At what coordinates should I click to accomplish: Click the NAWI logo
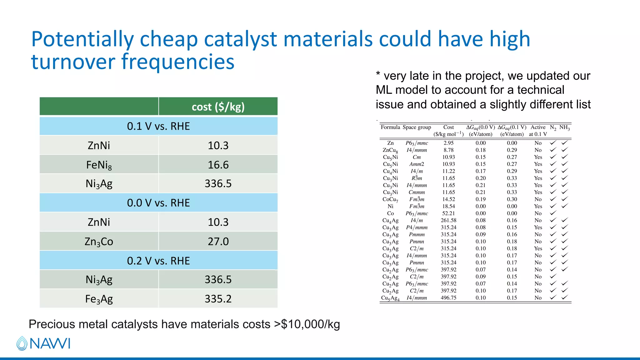[x=43, y=343]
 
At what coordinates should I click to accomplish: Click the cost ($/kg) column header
[x=218, y=107]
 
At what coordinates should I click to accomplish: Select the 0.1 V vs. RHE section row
[x=158, y=126]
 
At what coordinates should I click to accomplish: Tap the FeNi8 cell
[x=99, y=165]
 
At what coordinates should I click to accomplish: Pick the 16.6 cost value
[x=218, y=165]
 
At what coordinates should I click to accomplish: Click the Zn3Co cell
[x=99, y=242]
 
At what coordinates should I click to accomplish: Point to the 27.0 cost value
[x=218, y=242]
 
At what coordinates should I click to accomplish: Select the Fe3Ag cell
[x=99, y=299]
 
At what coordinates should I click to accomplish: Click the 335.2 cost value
[x=218, y=299]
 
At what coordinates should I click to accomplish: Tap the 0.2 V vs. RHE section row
[x=158, y=261]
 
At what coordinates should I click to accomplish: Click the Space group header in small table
[x=417, y=127]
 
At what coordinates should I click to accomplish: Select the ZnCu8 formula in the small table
[x=390, y=150]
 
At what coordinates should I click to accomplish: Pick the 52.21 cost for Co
[x=448, y=213]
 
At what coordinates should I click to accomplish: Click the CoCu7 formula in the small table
[x=390, y=199]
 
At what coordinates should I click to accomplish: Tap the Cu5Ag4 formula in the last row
[x=390, y=298]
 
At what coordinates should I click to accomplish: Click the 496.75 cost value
[x=448, y=298]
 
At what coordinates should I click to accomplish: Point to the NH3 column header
[x=564, y=127]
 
